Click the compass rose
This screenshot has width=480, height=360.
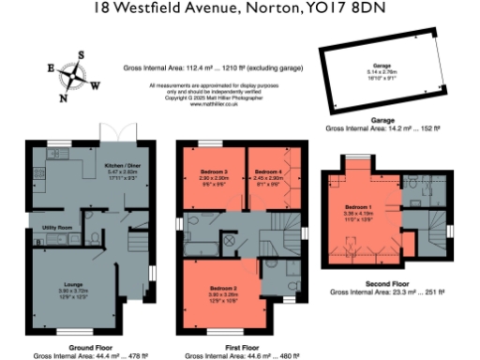72,74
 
